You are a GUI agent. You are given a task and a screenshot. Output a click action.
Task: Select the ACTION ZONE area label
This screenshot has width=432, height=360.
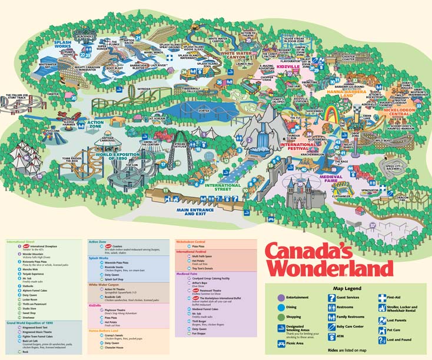(95, 124)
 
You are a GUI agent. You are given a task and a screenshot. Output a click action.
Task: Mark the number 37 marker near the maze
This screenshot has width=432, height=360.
(372, 225)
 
